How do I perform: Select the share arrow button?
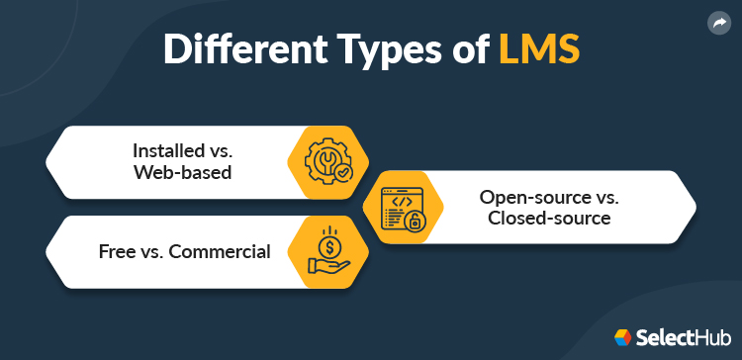718,23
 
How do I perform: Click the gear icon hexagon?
327,161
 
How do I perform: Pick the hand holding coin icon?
327,251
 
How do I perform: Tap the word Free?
117,251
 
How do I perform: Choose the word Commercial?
220,251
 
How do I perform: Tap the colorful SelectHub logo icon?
623,338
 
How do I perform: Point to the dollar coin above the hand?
327,239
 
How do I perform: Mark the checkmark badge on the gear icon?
342,172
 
